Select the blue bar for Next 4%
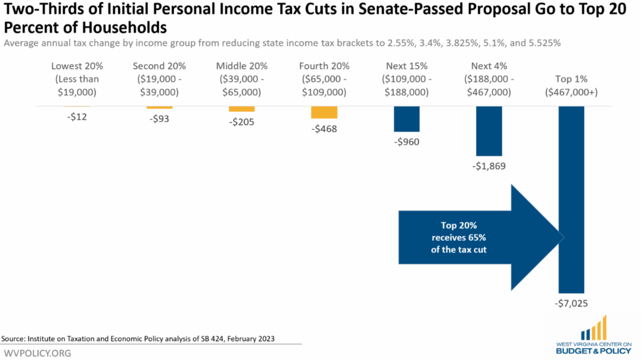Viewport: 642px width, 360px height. click(x=489, y=131)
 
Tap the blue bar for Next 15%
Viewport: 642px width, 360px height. click(x=407, y=119)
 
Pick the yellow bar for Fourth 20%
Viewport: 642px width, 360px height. click(x=324, y=112)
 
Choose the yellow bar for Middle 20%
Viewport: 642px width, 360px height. click(x=242, y=109)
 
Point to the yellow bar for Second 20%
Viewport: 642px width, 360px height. click(x=159, y=107)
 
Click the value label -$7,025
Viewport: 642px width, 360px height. click(x=571, y=303)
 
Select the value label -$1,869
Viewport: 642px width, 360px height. click(x=489, y=166)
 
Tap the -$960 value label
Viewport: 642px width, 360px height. click(x=407, y=142)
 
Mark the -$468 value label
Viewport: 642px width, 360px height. click(x=324, y=129)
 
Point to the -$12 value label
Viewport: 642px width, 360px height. click(x=77, y=117)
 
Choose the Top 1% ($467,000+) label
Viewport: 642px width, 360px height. click(x=571, y=86)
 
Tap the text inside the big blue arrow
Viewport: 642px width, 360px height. click(x=463, y=237)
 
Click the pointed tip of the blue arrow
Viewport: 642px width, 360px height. click(x=563, y=237)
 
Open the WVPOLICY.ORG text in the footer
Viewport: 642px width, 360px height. click(x=37, y=353)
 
